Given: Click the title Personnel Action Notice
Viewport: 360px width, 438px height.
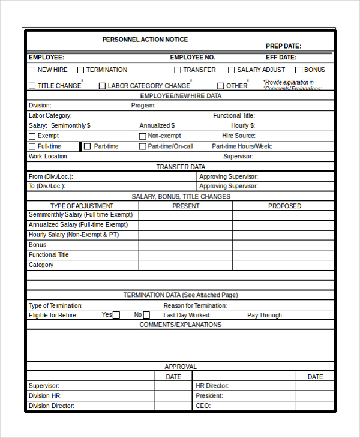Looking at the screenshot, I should pos(145,40).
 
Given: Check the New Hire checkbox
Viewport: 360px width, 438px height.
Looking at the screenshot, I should pos(32,70).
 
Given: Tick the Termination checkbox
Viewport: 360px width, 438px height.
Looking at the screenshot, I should pos(80,70).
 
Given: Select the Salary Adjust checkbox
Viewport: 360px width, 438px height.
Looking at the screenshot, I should pos(232,70).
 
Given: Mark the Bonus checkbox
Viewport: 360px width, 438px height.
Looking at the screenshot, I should pos(298,70).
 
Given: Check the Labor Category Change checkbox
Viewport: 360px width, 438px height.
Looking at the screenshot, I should pos(102,86).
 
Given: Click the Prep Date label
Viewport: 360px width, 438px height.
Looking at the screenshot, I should pos(283,46).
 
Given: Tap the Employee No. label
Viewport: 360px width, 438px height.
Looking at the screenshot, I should pos(193,58).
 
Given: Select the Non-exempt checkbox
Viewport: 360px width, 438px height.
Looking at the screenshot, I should pos(142,136).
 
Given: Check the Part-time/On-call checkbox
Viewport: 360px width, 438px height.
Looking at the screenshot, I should pos(142,146).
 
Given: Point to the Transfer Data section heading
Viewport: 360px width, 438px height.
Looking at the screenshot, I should pos(181,167).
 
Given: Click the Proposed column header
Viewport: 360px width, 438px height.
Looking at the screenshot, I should pos(284,206).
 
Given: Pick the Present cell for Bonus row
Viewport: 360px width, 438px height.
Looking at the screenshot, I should pos(185,245).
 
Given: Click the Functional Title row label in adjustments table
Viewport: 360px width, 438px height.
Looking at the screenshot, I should pos(49,255).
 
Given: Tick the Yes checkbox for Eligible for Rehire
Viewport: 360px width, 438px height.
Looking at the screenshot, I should pos(116,315).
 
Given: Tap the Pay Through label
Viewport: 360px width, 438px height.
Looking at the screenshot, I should pos(265,315).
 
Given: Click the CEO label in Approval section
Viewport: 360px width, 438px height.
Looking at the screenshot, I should pos(203,406).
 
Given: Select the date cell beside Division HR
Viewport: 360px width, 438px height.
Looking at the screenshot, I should pos(173,396).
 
